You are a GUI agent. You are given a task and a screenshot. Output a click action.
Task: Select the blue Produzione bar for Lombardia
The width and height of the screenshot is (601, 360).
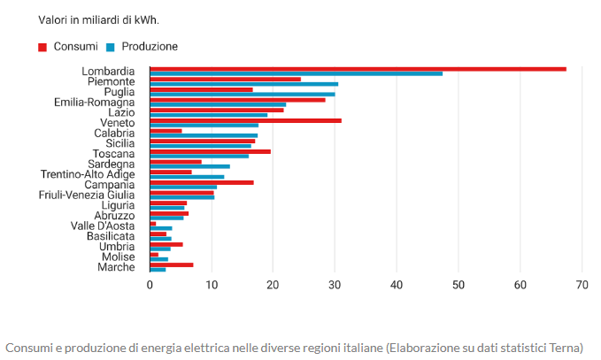296,73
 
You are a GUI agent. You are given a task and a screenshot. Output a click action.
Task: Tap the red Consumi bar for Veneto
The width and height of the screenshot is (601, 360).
245,120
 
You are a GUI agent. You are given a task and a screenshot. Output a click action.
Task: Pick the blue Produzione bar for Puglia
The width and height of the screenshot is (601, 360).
242,94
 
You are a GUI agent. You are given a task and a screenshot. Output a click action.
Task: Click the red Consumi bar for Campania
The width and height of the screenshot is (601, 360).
202,182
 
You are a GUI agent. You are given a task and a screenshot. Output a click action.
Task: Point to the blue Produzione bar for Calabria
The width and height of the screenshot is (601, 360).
204,135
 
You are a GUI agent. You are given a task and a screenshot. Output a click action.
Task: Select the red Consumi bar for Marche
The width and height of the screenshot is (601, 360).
171,264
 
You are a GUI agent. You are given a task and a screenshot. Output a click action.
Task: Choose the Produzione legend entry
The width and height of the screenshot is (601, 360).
149,46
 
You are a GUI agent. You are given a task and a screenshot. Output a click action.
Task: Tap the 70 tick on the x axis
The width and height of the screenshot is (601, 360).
582,286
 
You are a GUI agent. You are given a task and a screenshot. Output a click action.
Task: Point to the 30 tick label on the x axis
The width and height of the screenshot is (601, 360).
335,286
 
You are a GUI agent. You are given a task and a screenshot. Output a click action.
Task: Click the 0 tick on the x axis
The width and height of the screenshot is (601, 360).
150,286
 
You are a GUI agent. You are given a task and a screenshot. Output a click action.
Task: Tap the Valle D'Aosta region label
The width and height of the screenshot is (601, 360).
103,226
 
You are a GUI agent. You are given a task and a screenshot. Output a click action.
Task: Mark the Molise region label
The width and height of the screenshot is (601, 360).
118,257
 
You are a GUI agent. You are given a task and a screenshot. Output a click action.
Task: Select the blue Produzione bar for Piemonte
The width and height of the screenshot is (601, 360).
243,84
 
